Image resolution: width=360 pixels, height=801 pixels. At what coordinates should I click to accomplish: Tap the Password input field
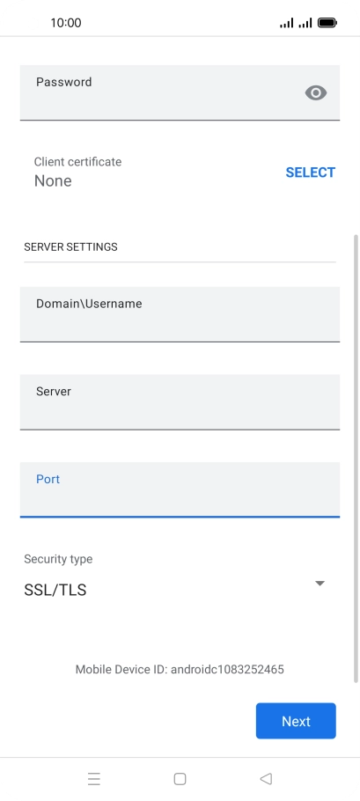[x=180, y=92]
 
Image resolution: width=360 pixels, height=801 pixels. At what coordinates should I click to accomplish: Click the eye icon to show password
[x=316, y=93]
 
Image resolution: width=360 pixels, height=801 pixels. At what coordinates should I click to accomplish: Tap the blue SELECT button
[x=311, y=173]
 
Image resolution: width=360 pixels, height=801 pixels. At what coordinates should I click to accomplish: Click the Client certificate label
[x=77, y=162]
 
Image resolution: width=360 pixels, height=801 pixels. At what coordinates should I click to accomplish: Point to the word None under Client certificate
[x=53, y=180]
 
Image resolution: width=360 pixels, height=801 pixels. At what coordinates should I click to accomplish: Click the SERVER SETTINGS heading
[x=70, y=246]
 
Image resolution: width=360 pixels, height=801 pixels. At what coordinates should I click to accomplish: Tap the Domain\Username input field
[x=180, y=314]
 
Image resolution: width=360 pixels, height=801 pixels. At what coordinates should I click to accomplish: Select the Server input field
[x=180, y=402]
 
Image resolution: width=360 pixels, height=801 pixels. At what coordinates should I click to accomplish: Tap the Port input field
[x=180, y=490]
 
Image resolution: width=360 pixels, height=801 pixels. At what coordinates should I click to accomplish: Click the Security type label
[x=58, y=559]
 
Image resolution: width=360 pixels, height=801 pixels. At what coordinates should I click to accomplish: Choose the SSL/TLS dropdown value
[x=55, y=590]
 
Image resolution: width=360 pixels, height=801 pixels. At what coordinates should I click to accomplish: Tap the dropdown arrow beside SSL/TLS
[x=320, y=584]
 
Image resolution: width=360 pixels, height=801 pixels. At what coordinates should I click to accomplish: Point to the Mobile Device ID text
[x=180, y=669]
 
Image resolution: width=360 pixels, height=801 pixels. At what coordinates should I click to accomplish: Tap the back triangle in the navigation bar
[x=266, y=778]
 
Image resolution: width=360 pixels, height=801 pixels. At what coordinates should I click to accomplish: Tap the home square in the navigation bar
[x=180, y=778]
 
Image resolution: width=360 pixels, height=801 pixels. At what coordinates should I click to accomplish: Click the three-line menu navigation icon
[x=94, y=778]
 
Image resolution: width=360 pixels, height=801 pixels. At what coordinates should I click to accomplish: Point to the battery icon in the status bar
[x=327, y=23]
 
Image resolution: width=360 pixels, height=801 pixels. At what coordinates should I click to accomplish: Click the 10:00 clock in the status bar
[x=66, y=23]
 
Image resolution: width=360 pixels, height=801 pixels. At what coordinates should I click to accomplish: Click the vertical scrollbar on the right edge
[x=356, y=459]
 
